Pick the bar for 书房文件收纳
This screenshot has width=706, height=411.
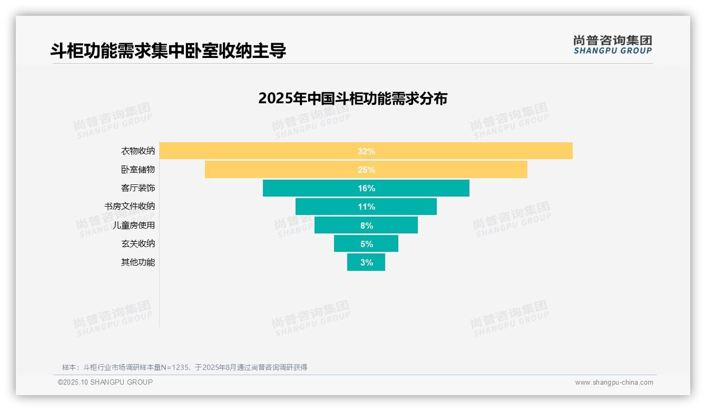point(327,207)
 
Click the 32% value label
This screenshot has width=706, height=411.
point(366,151)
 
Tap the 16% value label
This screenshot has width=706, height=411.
point(366,188)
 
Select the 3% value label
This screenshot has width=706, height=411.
point(366,262)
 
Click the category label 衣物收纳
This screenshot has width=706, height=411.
point(138,151)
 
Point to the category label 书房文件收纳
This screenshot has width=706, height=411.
point(130,207)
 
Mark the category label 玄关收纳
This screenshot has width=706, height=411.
point(138,243)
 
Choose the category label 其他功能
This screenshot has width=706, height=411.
point(138,262)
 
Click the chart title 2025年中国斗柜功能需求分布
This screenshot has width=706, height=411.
point(352,99)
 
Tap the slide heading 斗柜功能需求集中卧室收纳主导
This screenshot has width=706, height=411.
point(168,51)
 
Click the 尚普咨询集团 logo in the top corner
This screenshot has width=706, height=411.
point(612,45)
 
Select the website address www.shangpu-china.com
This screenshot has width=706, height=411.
point(614,383)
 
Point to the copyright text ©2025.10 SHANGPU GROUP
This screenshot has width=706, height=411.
point(105,382)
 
